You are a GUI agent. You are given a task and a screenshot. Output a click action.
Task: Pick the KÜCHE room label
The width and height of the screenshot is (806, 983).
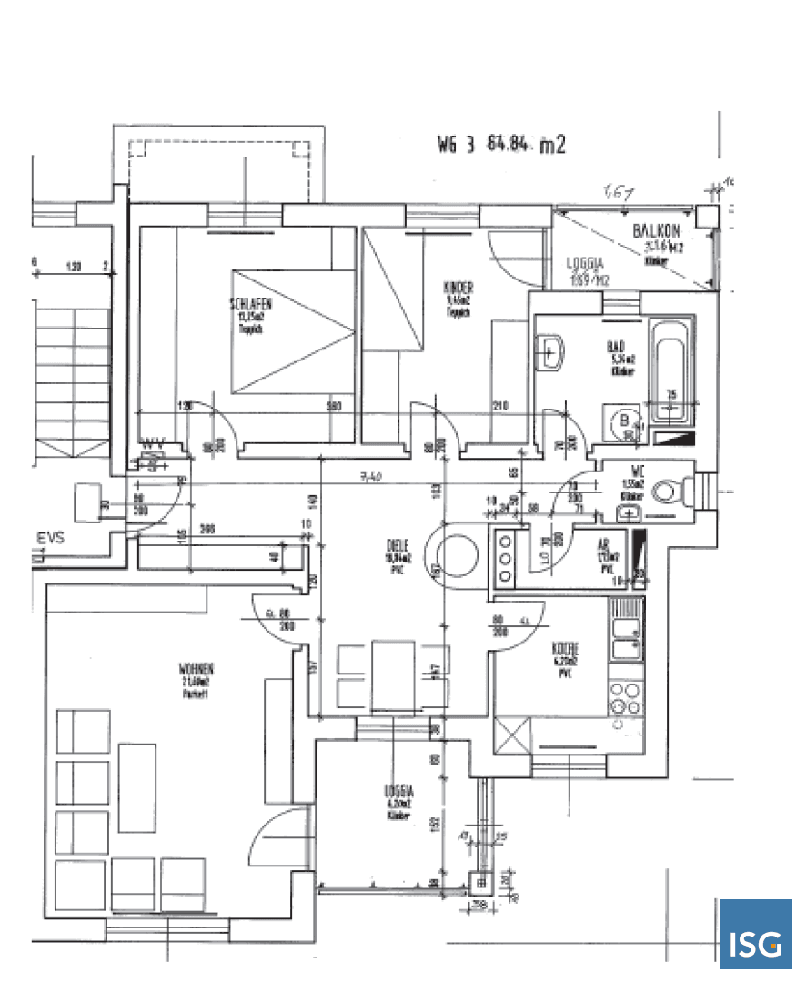click(x=566, y=650)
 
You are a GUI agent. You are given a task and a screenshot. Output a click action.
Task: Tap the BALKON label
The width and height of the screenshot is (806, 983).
click(x=653, y=232)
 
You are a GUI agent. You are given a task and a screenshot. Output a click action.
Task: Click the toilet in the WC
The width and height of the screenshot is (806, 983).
click(x=670, y=491)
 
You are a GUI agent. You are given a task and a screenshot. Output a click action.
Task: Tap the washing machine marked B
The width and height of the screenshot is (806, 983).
click(x=625, y=421)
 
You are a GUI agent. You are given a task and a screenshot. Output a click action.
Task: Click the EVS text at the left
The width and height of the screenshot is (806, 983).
click(x=50, y=538)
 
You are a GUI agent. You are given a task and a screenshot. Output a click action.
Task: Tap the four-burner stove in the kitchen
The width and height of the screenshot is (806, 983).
click(x=624, y=696)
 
